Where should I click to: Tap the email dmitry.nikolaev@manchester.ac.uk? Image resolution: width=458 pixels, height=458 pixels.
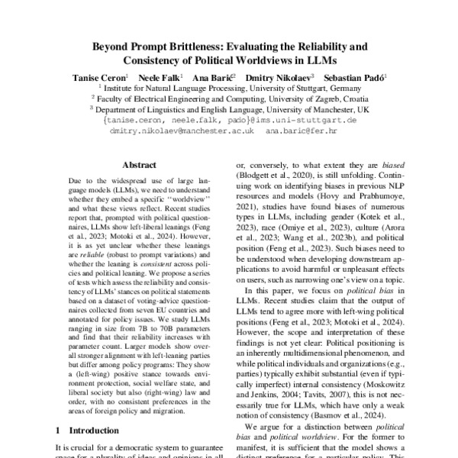(182, 131)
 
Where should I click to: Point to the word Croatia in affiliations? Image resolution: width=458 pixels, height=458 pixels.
(356, 98)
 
